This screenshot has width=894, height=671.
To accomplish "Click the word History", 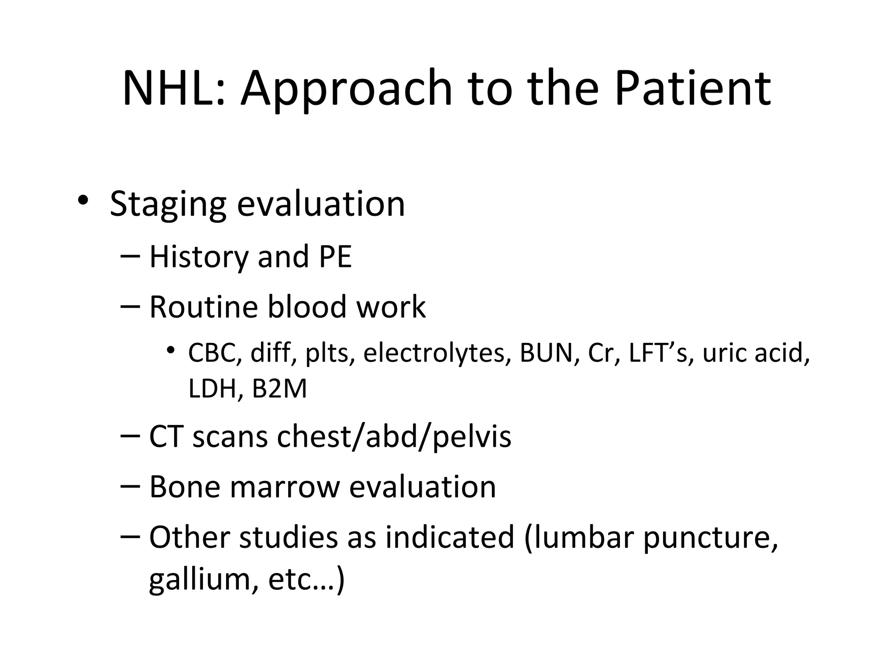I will click(x=199, y=257).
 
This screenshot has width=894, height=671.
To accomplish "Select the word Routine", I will click(x=203, y=307).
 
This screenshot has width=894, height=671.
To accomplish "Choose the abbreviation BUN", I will click(x=546, y=353).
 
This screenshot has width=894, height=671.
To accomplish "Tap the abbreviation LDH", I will click(x=213, y=388).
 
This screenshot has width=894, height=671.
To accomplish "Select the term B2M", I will click(x=279, y=388).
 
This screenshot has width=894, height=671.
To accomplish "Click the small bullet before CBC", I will click(x=170, y=350).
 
